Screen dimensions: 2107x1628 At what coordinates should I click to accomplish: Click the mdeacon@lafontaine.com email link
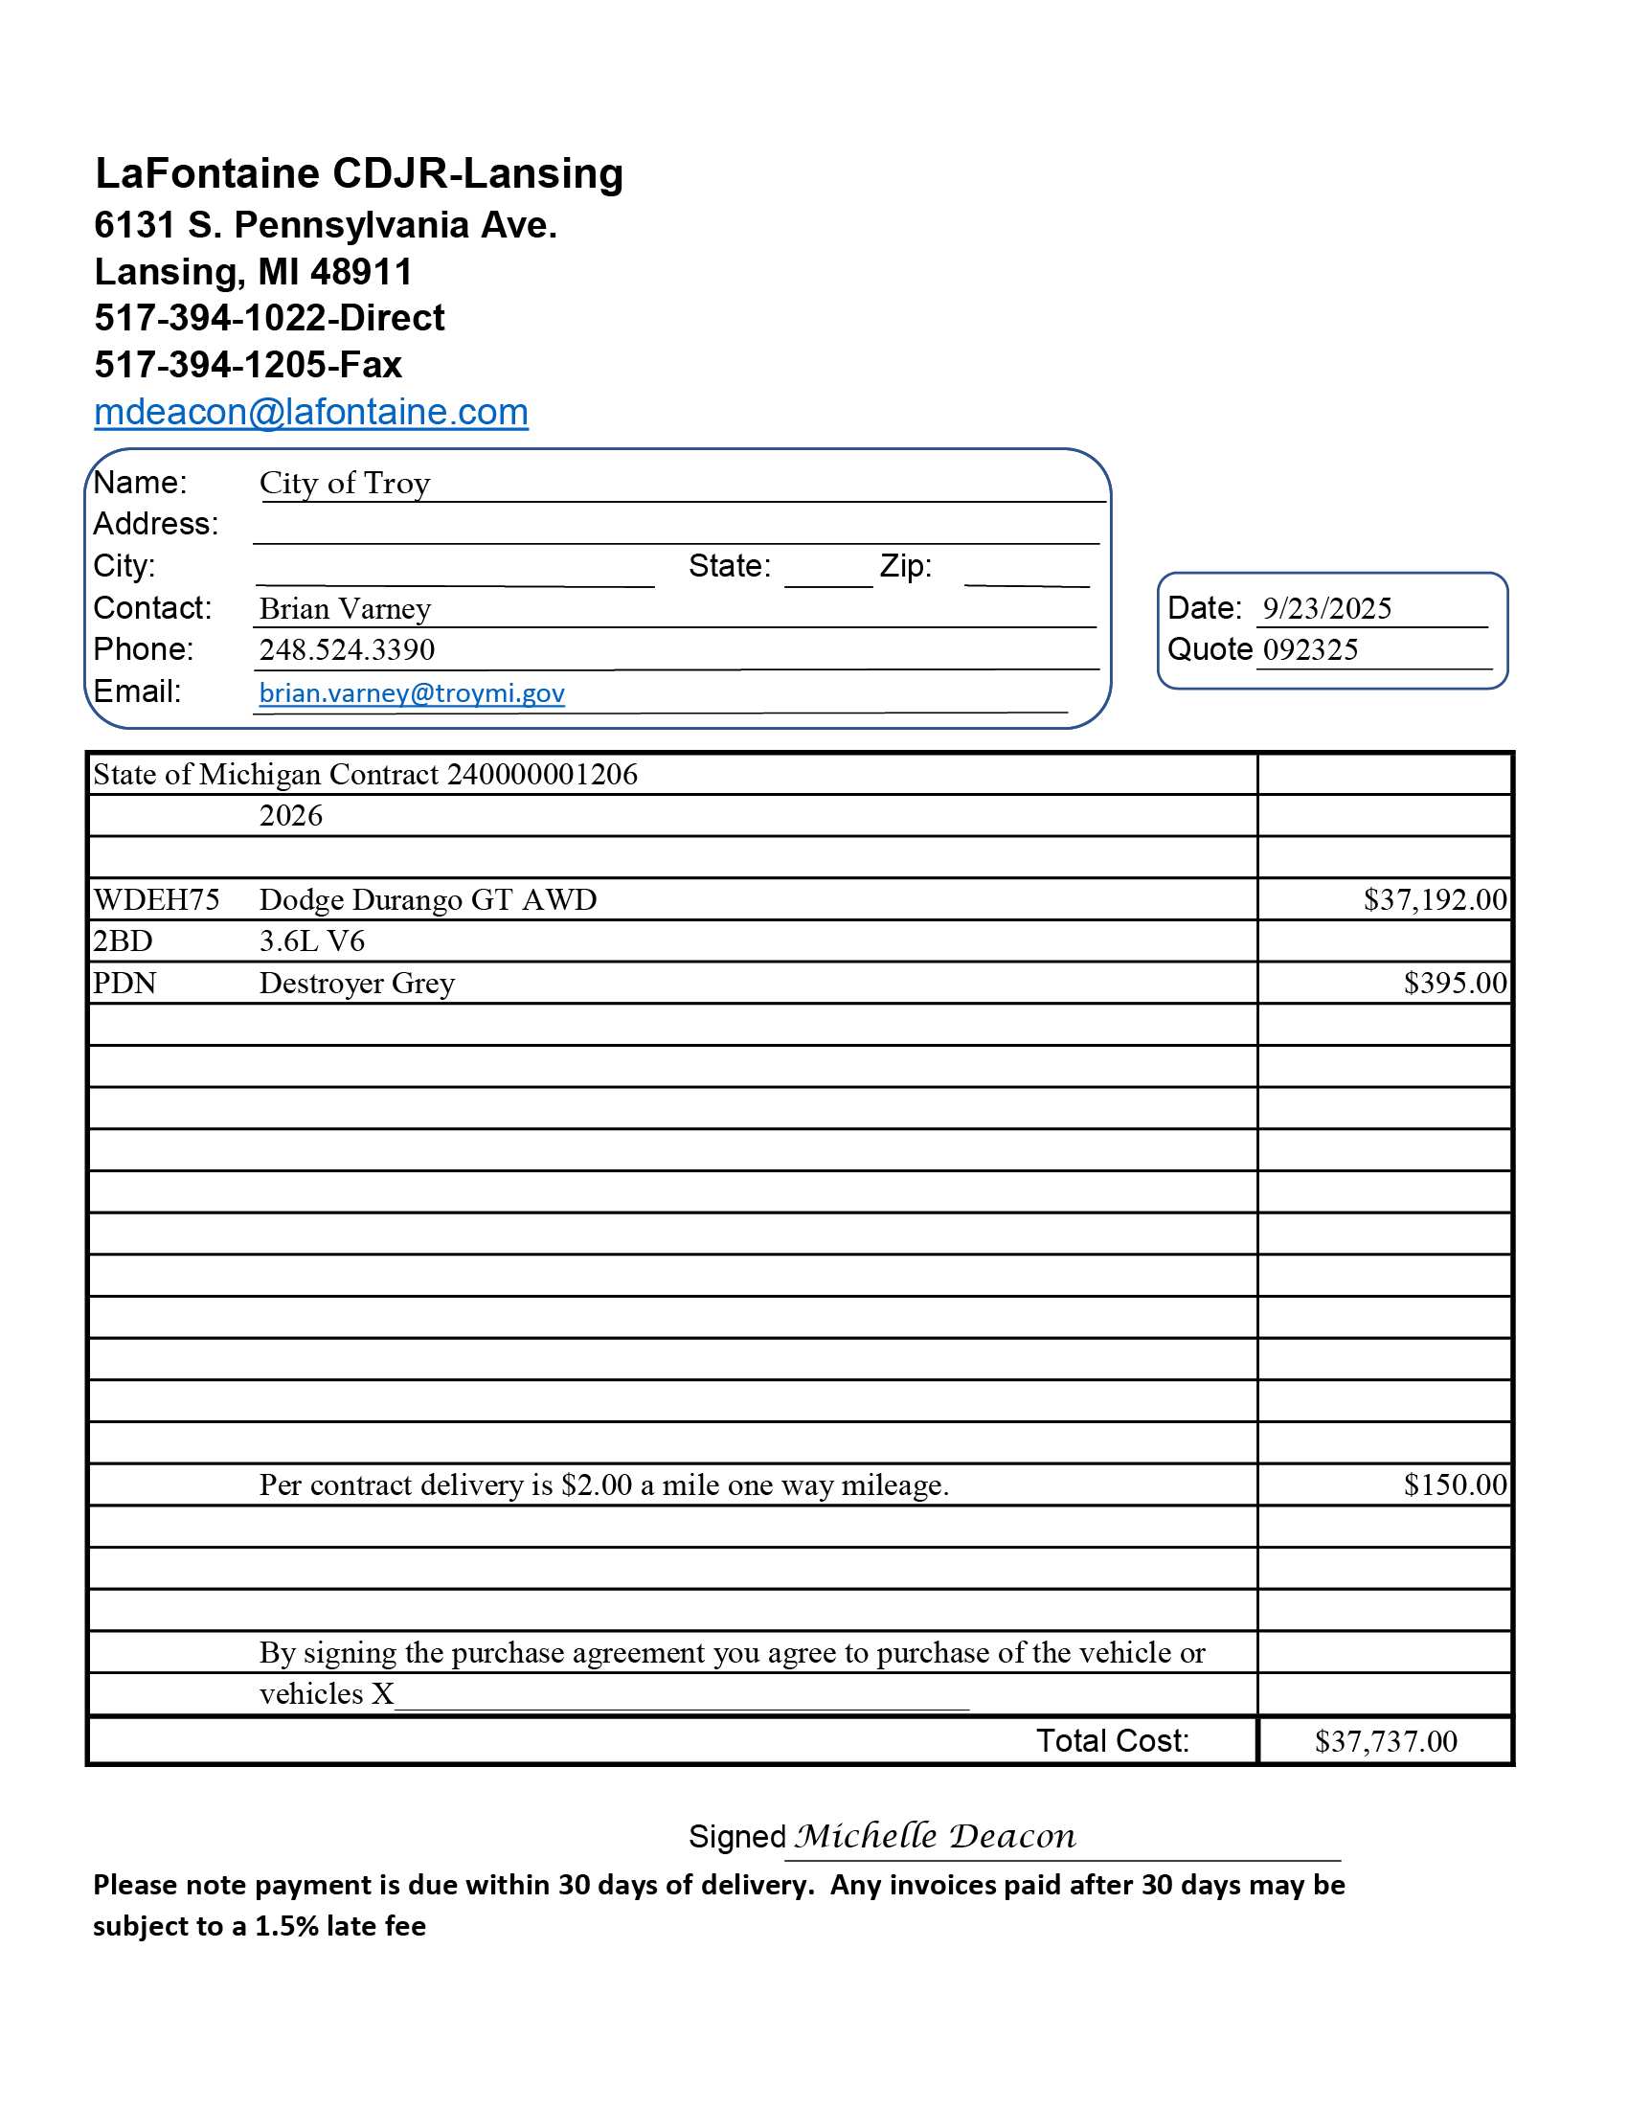coord(310,412)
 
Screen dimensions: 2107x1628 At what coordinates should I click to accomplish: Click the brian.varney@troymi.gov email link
coord(412,692)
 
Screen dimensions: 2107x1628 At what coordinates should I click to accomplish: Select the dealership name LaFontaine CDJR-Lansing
coord(359,173)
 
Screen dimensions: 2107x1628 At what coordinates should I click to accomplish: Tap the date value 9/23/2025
coord(1327,608)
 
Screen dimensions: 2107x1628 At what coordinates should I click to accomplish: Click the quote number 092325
coord(1311,649)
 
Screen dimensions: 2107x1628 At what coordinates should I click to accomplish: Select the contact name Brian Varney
coord(345,608)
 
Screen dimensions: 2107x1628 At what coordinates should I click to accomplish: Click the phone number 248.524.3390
coord(347,649)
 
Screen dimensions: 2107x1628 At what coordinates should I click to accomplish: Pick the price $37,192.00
coord(1435,899)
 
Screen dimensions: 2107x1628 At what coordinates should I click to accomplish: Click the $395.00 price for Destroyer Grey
coord(1455,982)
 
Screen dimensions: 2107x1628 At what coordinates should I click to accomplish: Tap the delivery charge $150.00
coord(1455,1484)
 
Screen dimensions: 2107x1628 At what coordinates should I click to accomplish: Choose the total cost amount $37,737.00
coord(1385,1740)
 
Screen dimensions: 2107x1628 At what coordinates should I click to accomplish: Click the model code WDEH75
coord(156,899)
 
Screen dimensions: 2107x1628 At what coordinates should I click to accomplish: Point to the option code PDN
coord(124,982)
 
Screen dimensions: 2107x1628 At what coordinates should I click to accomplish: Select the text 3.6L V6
coord(311,940)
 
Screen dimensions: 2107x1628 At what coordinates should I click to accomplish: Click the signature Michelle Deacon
coord(935,1835)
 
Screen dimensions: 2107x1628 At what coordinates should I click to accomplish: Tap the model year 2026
coord(290,815)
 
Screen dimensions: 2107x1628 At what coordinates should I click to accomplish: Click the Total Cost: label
coord(1112,1740)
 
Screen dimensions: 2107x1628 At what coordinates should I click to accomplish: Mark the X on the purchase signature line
coord(383,1694)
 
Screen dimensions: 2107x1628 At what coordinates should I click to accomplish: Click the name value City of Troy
coord(345,483)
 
